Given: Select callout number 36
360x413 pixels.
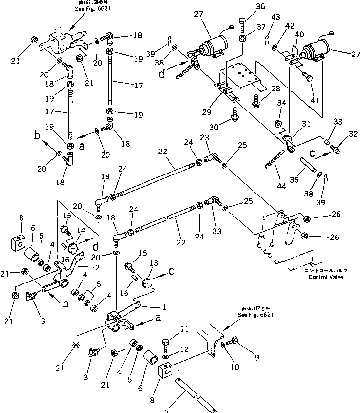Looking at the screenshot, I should tap(247, 7).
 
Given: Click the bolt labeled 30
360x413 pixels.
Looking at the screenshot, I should tap(235, 117).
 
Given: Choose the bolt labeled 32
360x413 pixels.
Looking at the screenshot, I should tap(336, 147).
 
